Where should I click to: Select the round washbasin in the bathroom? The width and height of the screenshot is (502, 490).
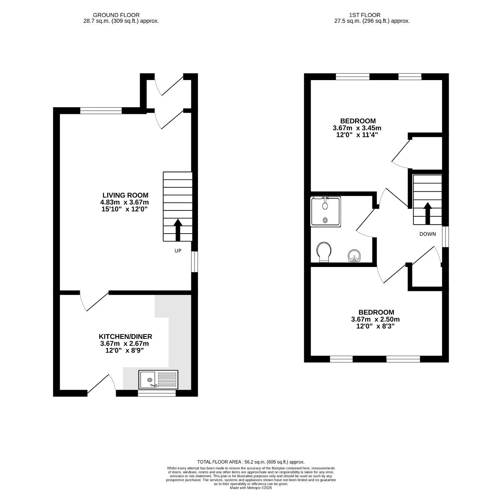354,256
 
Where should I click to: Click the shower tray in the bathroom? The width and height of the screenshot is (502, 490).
326,212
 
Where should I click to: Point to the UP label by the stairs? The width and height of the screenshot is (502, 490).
178,250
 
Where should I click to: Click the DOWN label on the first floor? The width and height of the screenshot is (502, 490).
427,234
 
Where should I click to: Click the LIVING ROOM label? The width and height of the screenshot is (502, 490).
125,195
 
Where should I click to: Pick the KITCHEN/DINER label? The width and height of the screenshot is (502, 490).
125,336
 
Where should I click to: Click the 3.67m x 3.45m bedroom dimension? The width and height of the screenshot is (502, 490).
357,128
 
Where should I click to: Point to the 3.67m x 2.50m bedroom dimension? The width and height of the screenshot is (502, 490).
375,319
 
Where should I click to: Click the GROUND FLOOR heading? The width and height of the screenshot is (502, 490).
116,15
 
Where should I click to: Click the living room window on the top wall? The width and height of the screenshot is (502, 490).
101,111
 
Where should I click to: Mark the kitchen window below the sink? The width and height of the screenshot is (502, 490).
156,393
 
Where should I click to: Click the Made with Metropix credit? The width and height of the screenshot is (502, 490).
251,488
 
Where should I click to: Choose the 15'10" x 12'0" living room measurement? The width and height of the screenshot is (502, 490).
125,209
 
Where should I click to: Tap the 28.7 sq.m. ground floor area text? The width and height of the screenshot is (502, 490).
121,21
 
